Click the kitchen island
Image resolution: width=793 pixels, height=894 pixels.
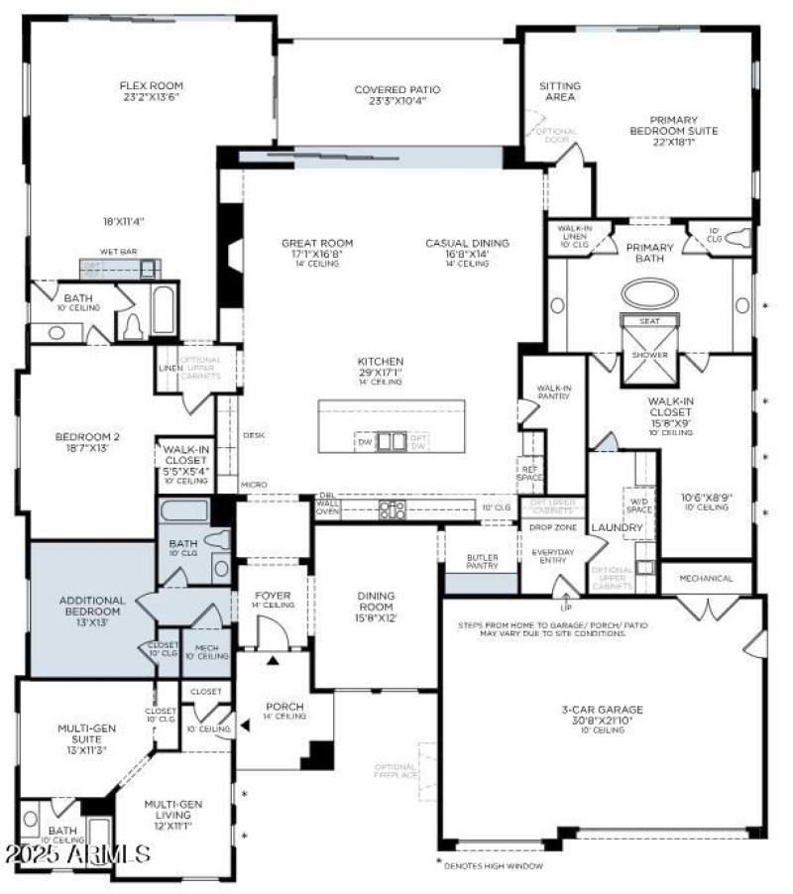[392, 426]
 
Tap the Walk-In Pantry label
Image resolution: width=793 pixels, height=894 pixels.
[553, 393]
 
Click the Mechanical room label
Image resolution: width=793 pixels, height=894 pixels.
[707, 579]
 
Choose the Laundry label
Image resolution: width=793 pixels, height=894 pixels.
[617, 528]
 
